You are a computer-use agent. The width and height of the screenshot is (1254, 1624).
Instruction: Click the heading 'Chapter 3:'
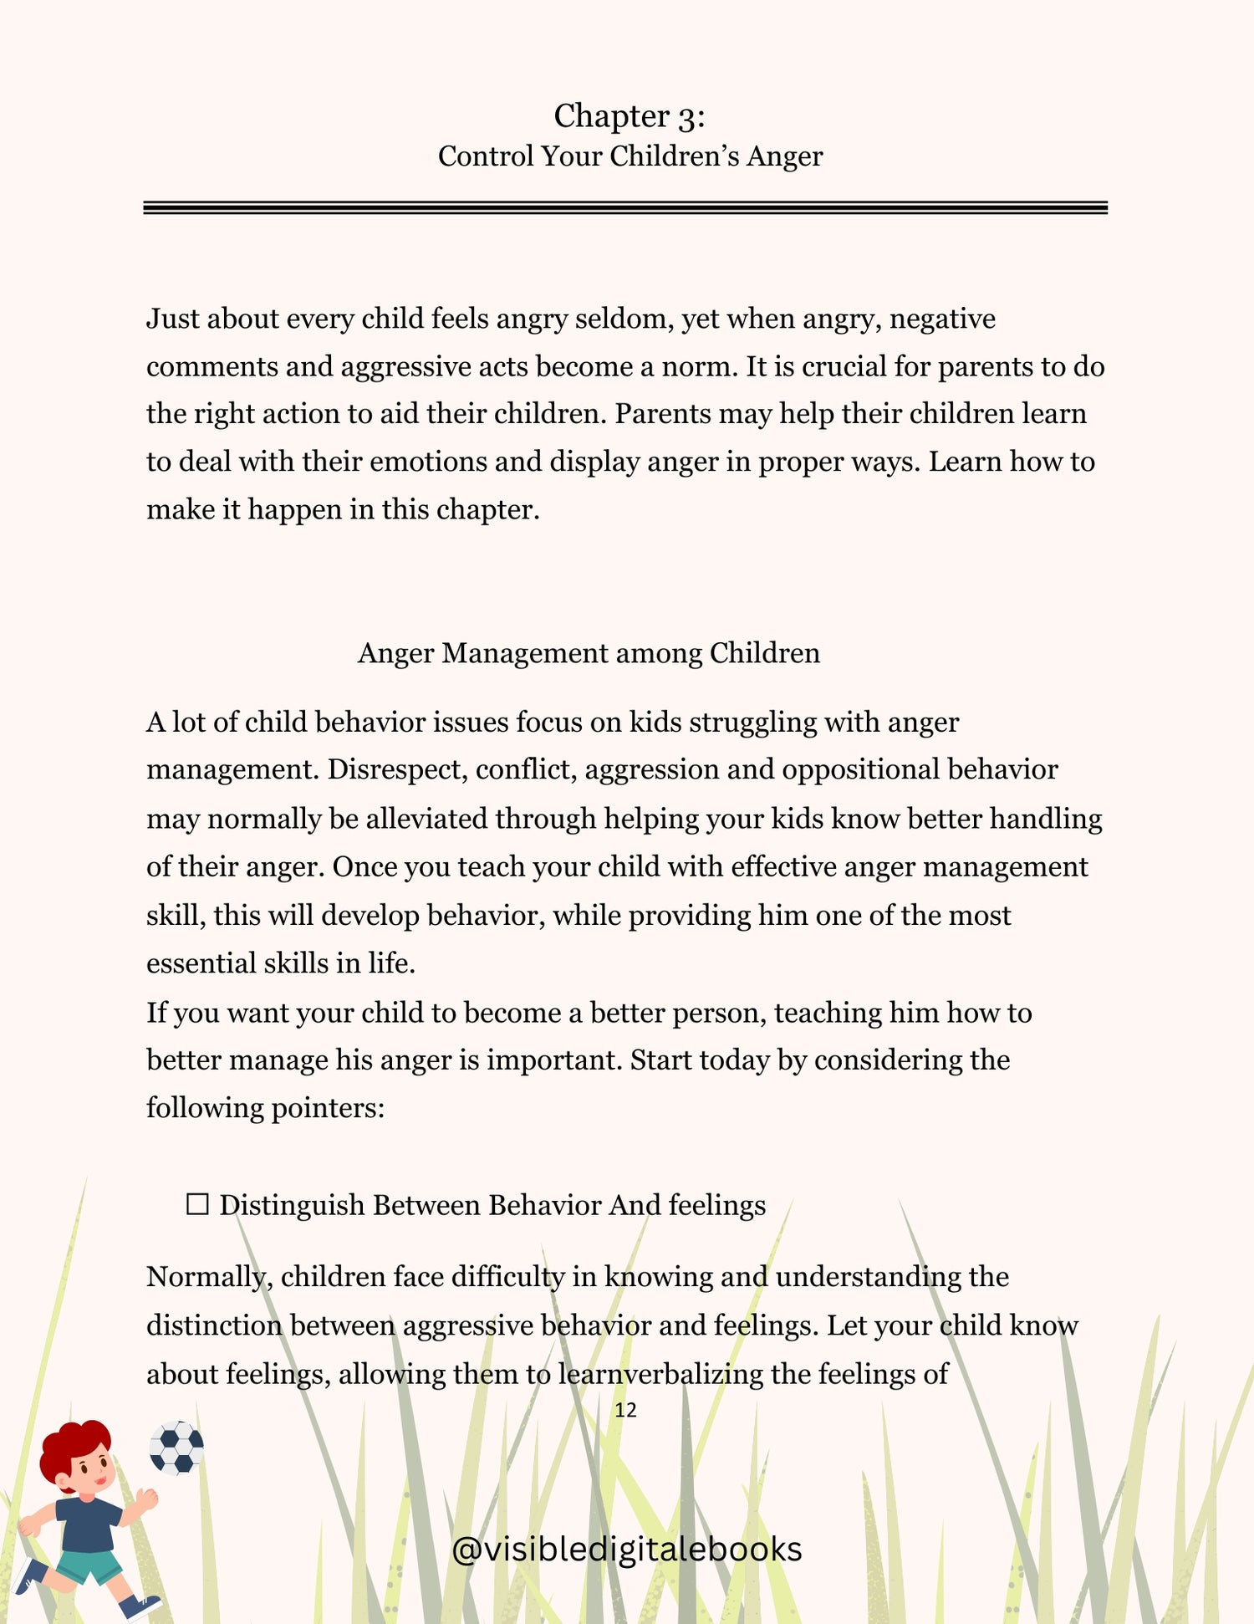click(629, 116)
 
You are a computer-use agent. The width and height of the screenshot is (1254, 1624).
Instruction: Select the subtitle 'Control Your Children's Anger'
click(630, 156)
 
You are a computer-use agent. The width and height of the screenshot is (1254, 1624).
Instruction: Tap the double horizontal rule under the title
click(625, 207)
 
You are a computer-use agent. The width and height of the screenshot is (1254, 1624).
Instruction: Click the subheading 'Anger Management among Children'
click(589, 653)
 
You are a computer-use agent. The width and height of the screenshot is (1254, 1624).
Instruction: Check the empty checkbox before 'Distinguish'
click(197, 1205)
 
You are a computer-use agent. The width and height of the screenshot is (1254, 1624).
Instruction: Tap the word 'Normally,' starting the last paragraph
click(209, 1277)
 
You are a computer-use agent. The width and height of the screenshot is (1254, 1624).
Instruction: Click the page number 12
click(625, 1411)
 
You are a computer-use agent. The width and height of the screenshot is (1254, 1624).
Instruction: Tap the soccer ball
click(176, 1447)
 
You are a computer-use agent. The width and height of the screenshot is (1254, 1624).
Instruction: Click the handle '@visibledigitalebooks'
click(626, 1549)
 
